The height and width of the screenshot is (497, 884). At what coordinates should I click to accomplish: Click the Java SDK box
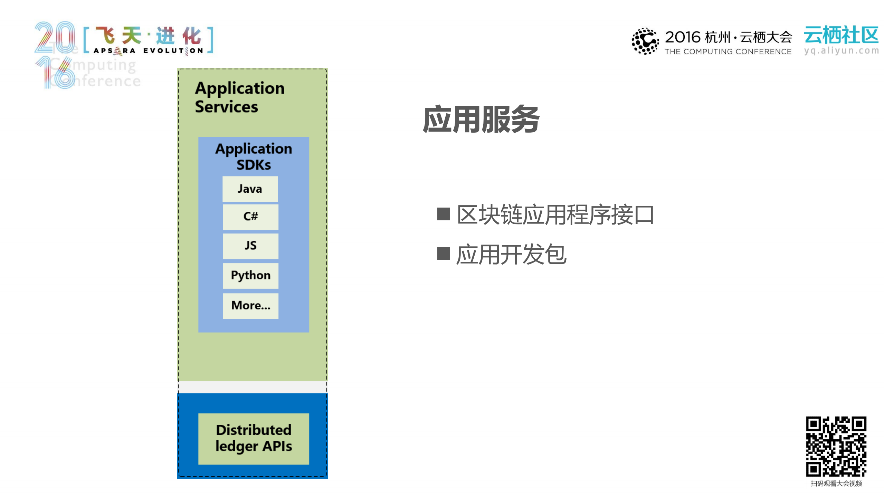click(250, 189)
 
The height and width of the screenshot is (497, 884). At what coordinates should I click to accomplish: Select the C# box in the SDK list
click(250, 217)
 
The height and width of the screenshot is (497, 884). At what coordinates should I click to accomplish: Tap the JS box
click(250, 246)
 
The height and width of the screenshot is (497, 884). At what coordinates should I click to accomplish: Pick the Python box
click(250, 276)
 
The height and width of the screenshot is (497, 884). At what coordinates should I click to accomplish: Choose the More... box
click(250, 306)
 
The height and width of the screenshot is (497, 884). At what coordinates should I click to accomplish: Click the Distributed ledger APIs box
click(254, 438)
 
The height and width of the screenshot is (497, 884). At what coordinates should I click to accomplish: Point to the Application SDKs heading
click(254, 156)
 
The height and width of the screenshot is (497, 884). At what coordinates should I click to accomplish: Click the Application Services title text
click(239, 97)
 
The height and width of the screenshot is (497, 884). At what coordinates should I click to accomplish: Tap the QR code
click(836, 446)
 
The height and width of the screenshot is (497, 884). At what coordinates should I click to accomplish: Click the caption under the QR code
click(836, 484)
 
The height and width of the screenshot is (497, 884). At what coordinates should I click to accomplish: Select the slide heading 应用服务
click(481, 120)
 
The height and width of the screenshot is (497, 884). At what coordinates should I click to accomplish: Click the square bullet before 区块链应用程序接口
click(444, 214)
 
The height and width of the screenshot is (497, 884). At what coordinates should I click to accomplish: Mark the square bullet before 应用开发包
click(444, 254)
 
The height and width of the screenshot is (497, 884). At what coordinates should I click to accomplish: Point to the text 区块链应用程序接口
click(555, 215)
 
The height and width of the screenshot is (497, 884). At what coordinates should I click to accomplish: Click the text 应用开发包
click(511, 255)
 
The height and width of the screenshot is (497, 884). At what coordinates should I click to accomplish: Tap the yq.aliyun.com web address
click(841, 51)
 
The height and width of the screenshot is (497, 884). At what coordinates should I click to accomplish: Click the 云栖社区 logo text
click(841, 35)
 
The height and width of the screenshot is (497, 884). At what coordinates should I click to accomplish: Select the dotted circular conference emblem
click(645, 41)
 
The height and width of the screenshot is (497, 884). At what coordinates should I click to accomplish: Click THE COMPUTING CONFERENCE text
click(728, 52)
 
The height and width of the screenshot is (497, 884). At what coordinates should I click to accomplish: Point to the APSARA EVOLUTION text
click(149, 51)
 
